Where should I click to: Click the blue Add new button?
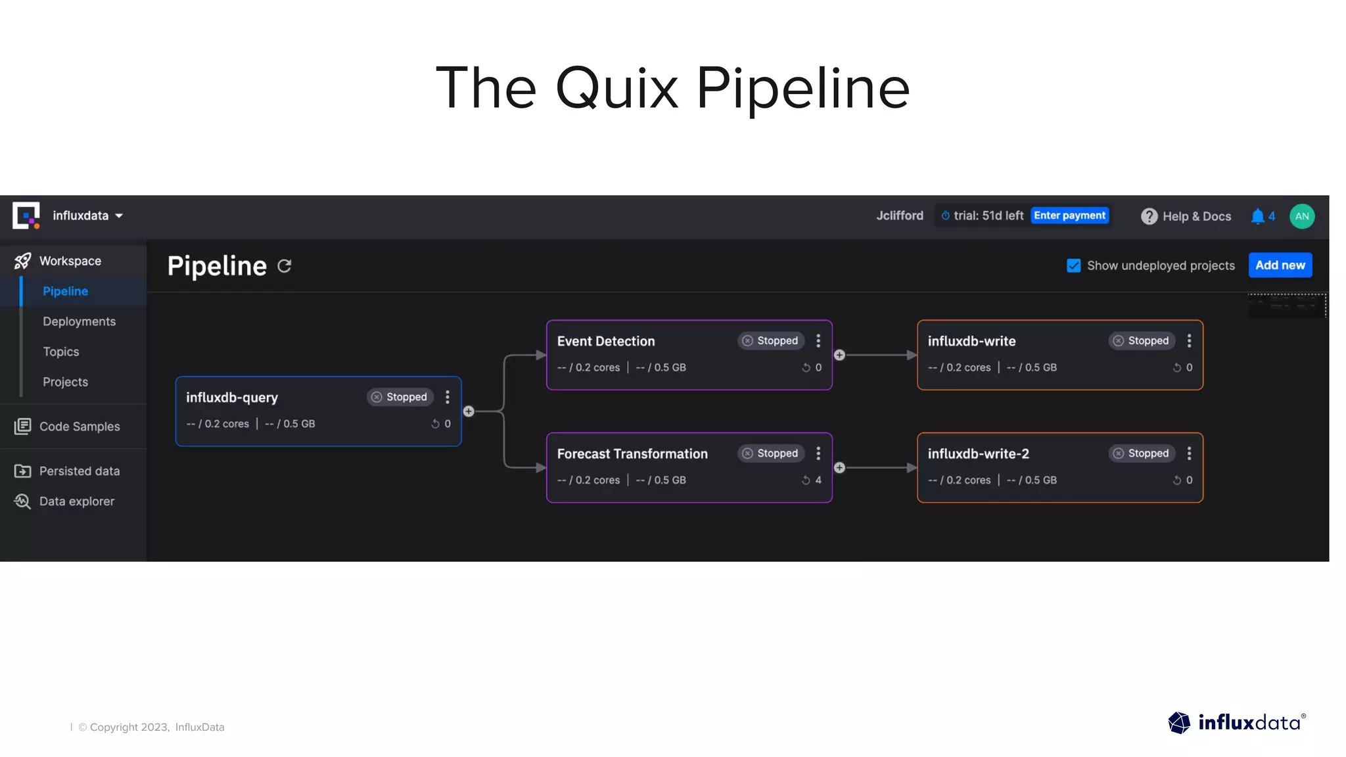click(1280, 265)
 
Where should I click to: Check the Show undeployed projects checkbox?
click(1073, 265)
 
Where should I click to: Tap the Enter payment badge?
click(1069, 216)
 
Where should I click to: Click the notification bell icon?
click(1257, 216)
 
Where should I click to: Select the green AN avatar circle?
click(1301, 216)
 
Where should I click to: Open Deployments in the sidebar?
click(79, 321)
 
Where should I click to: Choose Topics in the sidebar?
click(61, 352)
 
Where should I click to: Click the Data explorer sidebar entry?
click(76, 501)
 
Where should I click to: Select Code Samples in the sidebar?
click(79, 426)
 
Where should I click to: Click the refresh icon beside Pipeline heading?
click(284, 266)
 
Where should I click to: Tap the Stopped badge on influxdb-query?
click(400, 397)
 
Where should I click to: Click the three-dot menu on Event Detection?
click(818, 340)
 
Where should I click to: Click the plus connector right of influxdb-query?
click(469, 411)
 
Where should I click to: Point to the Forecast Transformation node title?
click(632, 454)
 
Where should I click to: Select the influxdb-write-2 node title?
click(978, 454)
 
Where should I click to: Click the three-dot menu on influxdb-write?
click(1189, 340)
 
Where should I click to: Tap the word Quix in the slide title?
click(617, 88)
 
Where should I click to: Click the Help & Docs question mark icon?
click(1149, 216)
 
